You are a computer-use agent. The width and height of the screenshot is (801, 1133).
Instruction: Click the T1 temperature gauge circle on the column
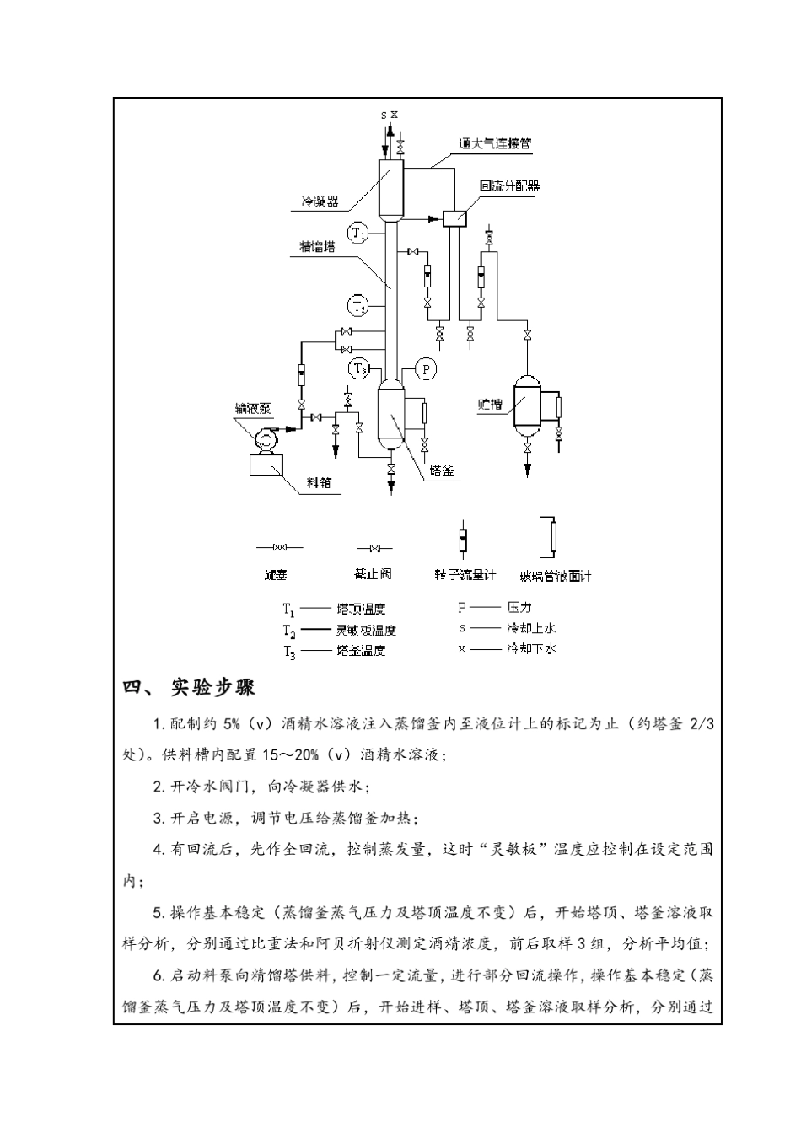click(358, 232)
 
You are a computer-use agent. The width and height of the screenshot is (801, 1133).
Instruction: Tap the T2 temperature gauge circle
click(358, 305)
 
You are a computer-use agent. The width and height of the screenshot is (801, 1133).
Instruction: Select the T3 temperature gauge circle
click(359, 368)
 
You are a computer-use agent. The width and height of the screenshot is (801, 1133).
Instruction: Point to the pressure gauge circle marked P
click(426, 368)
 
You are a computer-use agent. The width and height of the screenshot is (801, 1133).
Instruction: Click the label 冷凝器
click(320, 201)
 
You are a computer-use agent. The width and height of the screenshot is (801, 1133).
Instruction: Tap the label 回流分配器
click(508, 186)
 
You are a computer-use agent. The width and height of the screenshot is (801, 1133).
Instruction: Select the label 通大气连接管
click(495, 143)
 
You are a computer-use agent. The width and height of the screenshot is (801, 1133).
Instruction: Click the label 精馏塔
click(317, 247)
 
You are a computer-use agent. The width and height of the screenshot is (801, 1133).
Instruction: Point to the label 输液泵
click(253, 409)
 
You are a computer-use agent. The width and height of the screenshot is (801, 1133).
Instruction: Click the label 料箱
click(319, 482)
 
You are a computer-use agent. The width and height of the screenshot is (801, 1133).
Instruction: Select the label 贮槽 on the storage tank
click(490, 405)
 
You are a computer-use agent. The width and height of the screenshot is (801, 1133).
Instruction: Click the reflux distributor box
click(456, 218)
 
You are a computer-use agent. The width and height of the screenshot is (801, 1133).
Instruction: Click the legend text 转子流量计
click(465, 575)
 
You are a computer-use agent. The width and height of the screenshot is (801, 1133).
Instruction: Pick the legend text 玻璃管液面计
click(556, 576)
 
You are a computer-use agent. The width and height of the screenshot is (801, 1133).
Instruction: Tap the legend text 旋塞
click(276, 575)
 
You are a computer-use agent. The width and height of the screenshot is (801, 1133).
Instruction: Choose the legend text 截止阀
click(373, 574)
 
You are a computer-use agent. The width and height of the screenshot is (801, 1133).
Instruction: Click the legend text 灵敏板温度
click(366, 629)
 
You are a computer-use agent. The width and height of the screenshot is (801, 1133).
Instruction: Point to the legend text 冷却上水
click(531, 627)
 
